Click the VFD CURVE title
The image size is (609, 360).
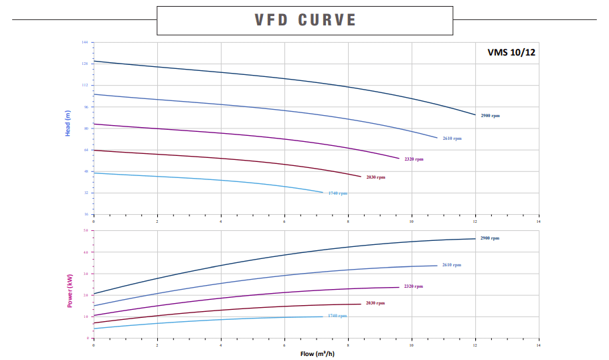tap(304, 19)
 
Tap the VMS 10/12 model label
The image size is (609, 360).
tap(512, 53)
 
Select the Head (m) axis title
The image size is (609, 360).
tap(68, 124)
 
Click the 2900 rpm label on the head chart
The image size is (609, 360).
tap(490, 116)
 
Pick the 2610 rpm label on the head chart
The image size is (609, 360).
tap(452, 139)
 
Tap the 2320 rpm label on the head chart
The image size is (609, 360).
tap(414, 159)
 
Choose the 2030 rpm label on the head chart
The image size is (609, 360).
tap(375, 177)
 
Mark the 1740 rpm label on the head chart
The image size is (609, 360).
tap(337, 193)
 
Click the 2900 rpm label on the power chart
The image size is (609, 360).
tap(489, 238)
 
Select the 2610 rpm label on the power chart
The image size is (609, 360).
tap(451, 265)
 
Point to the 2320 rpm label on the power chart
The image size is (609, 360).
tap(413, 286)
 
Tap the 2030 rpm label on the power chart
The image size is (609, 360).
tap(375, 303)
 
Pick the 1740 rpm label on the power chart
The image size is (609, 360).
tap(337, 316)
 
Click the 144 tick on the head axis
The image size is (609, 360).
tap(85, 42)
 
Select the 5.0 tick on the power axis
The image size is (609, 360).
tap(85, 231)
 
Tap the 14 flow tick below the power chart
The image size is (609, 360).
tap(538, 344)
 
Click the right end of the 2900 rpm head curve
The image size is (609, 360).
tap(475, 115)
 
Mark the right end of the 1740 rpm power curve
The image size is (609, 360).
tap(323, 317)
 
